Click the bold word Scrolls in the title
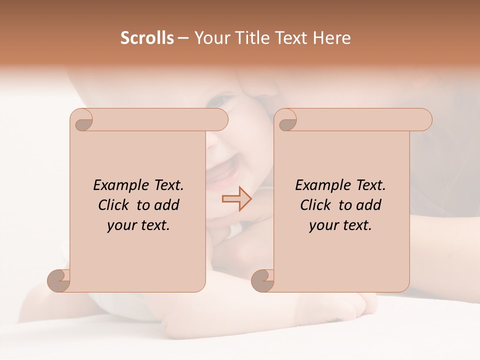tap(147, 38)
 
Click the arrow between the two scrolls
tap(237, 199)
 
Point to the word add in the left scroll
tap(166, 205)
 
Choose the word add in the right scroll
tap(368, 205)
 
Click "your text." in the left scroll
tap(138, 225)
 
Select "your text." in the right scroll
tap(340, 225)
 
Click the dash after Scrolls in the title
tap(183, 38)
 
